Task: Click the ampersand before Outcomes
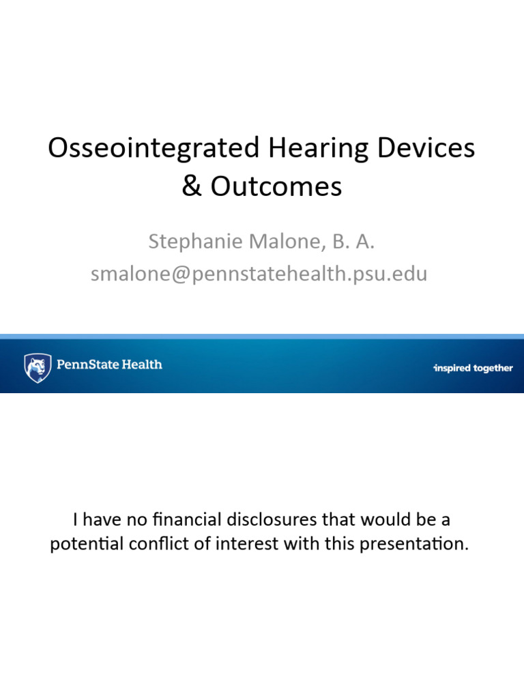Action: [192, 186]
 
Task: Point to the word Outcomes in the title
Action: [276, 186]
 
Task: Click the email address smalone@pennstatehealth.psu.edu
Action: [259, 274]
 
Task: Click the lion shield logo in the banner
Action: [38, 367]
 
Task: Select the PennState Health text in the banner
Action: [109, 365]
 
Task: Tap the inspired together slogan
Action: [473, 368]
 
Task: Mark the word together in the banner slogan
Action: [493, 368]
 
